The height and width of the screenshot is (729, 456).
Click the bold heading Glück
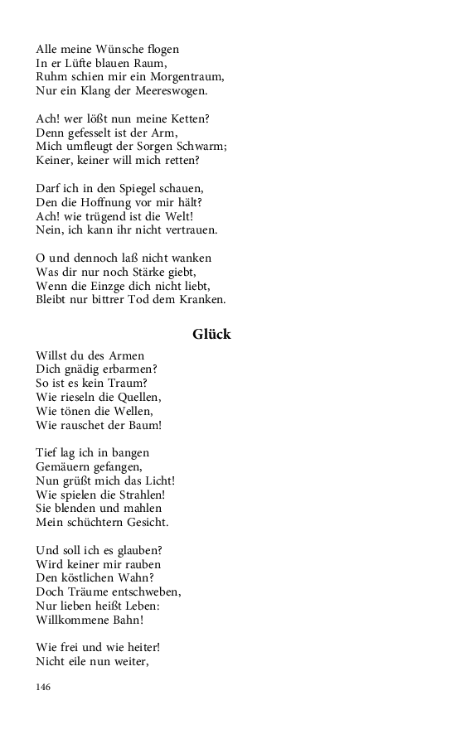point(211,335)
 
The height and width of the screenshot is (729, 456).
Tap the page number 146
point(44,688)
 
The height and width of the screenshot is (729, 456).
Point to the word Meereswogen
point(167,90)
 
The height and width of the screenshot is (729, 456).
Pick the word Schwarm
point(204,146)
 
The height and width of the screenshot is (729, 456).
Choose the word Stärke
point(153,272)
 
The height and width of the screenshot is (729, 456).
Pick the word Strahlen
point(143,495)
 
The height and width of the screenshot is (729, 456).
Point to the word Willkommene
point(75,620)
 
